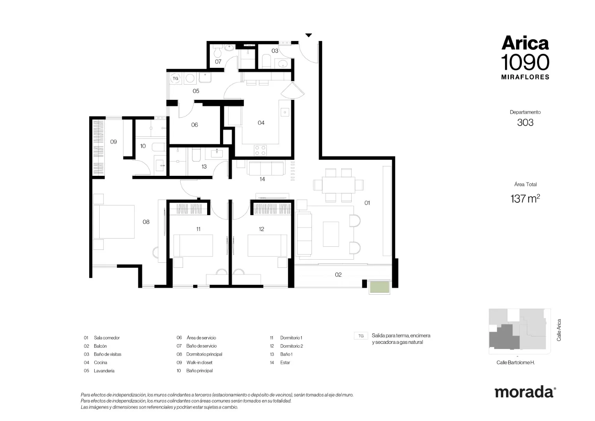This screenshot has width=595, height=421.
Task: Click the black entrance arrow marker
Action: click(x=308, y=35)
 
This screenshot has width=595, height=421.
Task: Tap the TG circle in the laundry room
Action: click(x=175, y=78)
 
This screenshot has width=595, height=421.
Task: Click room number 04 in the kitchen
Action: click(x=261, y=123)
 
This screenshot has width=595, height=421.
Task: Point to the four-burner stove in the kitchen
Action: click(x=260, y=150)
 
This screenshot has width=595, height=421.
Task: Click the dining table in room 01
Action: click(x=338, y=185)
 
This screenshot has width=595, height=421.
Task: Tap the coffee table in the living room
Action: click(x=331, y=234)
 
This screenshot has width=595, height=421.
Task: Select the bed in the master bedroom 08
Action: click(x=114, y=221)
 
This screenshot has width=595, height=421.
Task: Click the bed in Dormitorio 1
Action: click(x=193, y=246)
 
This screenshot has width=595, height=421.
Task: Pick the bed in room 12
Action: click(x=267, y=246)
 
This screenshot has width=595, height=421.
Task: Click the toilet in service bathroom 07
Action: click(x=218, y=51)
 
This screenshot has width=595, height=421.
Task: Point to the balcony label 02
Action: click(x=338, y=274)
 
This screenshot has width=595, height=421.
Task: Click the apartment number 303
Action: click(x=525, y=123)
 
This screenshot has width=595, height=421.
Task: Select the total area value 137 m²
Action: click(x=525, y=198)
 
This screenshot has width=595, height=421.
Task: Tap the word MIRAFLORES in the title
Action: click(x=525, y=77)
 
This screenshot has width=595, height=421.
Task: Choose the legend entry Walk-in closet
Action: click(x=199, y=363)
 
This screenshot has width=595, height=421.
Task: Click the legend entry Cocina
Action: click(x=100, y=363)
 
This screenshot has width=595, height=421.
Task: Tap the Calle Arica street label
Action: click(x=559, y=330)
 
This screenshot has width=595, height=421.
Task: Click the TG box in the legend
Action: click(x=361, y=336)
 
